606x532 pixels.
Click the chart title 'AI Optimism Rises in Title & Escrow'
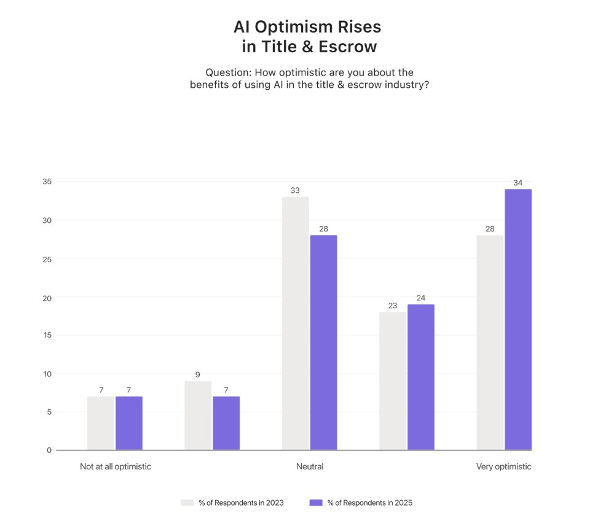(x=307, y=37)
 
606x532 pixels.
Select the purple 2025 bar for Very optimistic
(x=517, y=319)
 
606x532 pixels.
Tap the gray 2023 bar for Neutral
(x=295, y=323)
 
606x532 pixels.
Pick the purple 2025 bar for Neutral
(x=323, y=342)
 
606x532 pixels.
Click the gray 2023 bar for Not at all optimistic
(x=101, y=423)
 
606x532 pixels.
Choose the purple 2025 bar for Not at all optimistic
(x=129, y=423)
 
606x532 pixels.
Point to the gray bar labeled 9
(x=198, y=415)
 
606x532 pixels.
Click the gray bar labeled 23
(x=392, y=381)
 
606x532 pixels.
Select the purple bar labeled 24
(x=420, y=377)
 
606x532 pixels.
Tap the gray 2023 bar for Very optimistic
(x=490, y=342)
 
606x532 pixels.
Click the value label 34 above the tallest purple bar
(x=517, y=182)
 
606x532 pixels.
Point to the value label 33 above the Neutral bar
(x=295, y=190)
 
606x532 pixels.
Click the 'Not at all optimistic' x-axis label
(x=115, y=466)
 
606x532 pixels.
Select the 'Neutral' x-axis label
(x=309, y=466)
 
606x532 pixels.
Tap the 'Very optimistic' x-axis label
(x=503, y=466)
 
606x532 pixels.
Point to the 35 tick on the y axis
(x=47, y=182)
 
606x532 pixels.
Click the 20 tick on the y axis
(x=47, y=297)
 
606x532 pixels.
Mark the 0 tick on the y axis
(x=49, y=450)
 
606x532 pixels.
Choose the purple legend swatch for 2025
(x=315, y=503)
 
